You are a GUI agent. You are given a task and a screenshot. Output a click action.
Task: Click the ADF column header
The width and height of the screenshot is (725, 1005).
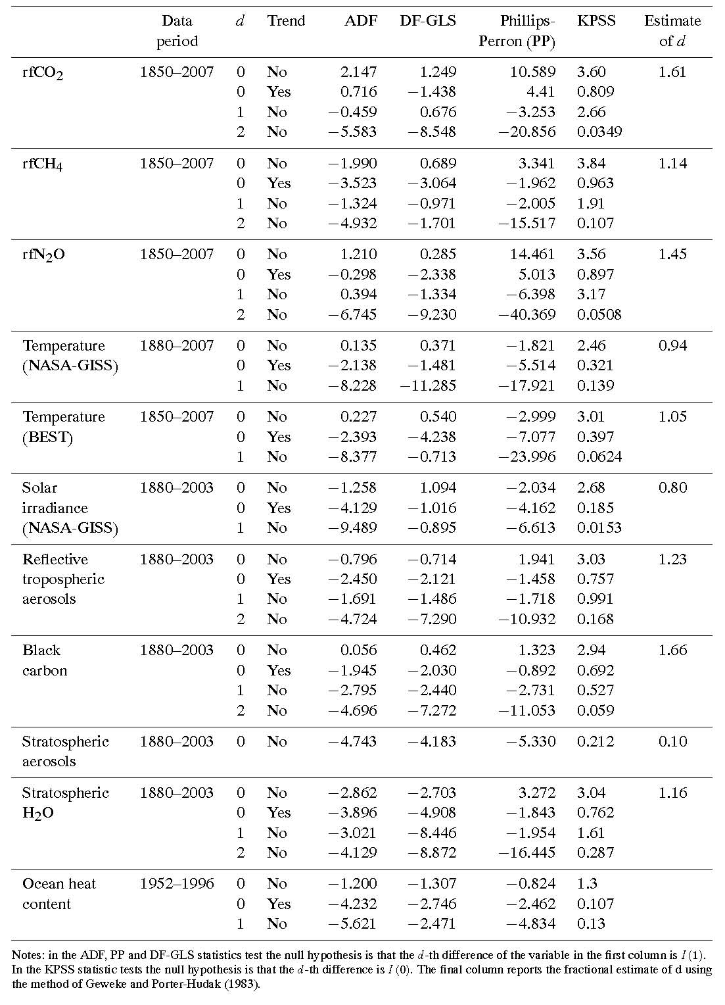click(x=361, y=21)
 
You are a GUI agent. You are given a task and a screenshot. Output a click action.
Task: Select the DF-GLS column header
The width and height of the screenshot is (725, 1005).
click(x=428, y=21)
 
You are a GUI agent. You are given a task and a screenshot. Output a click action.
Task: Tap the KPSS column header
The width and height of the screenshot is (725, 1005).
click(x=596, y=21)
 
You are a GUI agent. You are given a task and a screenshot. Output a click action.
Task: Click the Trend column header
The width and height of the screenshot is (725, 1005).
click(x=286, y=21)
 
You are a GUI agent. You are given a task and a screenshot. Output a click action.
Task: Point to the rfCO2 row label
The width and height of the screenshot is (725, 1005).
click(x=43, y=73)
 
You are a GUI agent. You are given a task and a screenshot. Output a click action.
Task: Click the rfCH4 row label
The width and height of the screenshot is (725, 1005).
click(x=43, y=164)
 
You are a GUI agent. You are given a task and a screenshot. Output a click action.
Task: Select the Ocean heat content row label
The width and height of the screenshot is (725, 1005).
click(x=58, y=894)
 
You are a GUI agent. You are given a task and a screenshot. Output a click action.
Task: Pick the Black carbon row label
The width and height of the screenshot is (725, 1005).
click(x=45, y=660)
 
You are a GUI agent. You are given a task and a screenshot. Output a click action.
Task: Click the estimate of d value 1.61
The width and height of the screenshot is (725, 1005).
click(x=672, y=72)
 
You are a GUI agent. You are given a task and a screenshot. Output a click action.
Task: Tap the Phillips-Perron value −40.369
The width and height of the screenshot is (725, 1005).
click(x=527, y=314)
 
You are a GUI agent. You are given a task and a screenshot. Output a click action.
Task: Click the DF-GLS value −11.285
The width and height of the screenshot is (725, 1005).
click(x=428, y=385)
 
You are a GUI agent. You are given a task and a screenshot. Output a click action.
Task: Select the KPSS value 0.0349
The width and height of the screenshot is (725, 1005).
click(x=599, y=132)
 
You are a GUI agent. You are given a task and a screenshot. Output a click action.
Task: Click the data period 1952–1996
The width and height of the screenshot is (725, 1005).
click(x=177, y=883)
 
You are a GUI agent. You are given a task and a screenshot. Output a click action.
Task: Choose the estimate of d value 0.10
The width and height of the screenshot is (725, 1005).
click(x=672, y=741)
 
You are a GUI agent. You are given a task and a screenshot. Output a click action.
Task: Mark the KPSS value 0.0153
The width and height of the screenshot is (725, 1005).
click(x=599, y=527)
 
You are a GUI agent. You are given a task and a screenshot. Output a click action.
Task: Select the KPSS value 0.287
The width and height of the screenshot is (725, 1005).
click(x=596, y=852)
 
